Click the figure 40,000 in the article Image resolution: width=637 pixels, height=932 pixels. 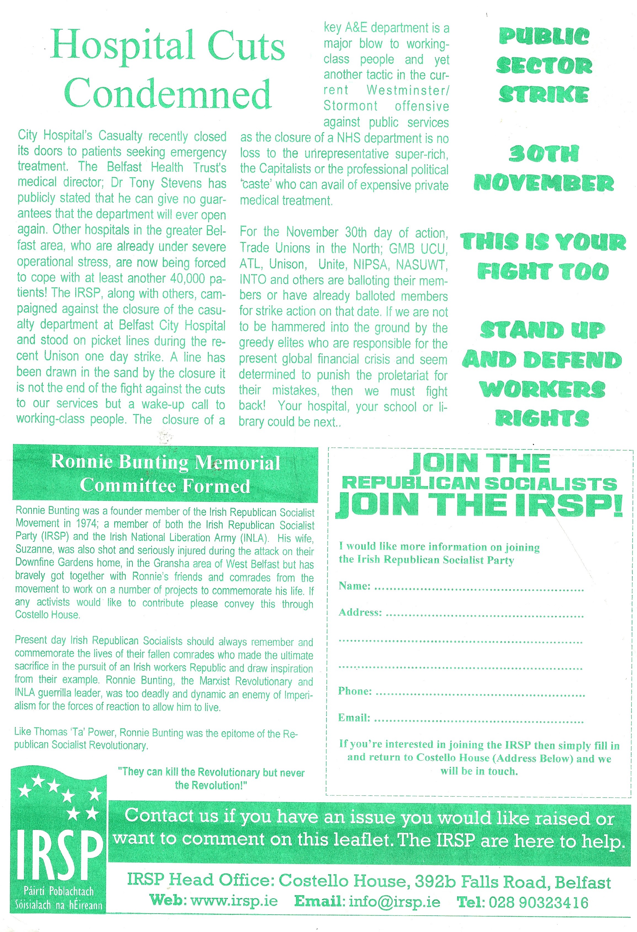[188, 278]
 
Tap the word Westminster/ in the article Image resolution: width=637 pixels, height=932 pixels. [408, 90]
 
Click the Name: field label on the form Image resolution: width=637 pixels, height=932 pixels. [354, 586]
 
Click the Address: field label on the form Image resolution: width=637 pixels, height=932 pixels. [360, 612]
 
